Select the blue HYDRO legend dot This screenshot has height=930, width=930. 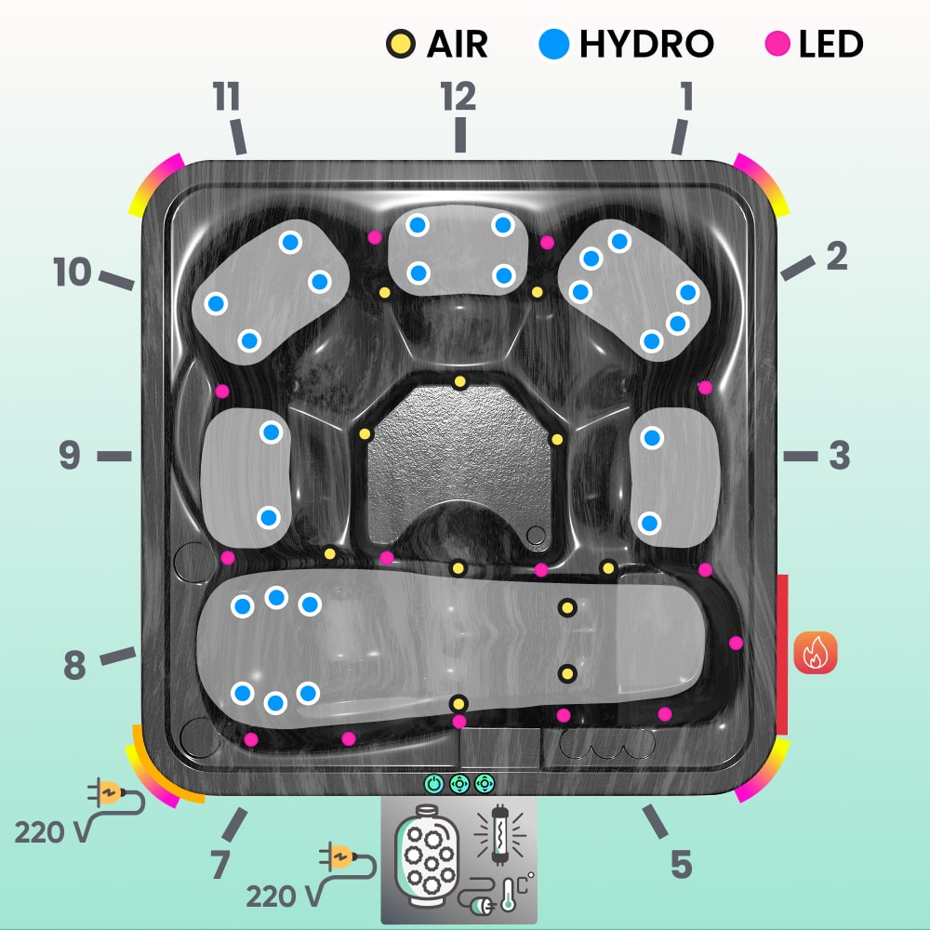554,44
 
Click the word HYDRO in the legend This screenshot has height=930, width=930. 645,44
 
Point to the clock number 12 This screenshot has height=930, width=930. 458,96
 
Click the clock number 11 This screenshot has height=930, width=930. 226,96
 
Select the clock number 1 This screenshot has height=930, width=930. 686,96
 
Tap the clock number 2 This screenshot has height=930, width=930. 837,256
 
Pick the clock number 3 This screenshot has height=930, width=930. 839,456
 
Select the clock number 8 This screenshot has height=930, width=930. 74,666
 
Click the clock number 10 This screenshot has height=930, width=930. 72,273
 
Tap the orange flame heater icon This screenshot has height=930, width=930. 816,652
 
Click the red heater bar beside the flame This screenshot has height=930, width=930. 782,653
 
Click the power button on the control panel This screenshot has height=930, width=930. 433,784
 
